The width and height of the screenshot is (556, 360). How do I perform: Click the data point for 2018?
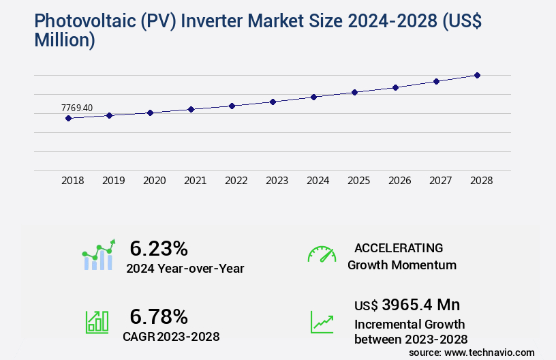pyautogui.click(x=68, y=118)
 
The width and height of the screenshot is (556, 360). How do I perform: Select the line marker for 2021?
pyautogui.click(x=191, y=109)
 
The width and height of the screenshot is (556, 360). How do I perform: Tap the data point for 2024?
pyautogui.click(x=313, y=97)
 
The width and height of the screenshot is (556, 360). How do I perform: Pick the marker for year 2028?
pyautogui.click(x=477, y=75)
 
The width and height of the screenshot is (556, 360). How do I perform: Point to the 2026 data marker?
pyautogui.click(x=395, y=87)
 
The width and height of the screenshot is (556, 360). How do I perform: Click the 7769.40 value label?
pyautogui.click(x=77, y=108)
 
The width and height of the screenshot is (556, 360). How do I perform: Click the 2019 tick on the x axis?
pyautogui.click(x=114, y=181)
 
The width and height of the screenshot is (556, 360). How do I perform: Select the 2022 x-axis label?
pyautogui.click(x=236, y=181)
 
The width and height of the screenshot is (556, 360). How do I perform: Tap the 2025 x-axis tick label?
pyautogui.click(x=359, y=181)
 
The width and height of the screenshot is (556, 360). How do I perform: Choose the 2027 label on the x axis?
pyautogui.click(x=441, y=181)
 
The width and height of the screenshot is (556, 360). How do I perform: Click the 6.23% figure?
pyautogui.click(x=159, y=248)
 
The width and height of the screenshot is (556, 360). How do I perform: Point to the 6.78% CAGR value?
pyautogui.click(x=159, y=316)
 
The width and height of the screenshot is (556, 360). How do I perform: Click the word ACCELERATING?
pyautogui.click(x=399, y=247)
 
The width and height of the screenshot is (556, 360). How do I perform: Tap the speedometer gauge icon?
pyautogui.click(x=322, y=254)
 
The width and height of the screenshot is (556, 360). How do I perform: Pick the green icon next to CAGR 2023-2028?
pyautogui.click(x=97, y=322)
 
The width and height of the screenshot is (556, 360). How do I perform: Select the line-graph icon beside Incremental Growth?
pyautogui.click(x=322, y=322)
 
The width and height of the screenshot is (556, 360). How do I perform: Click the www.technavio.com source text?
pyautogui.click(x=489, y=352)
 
